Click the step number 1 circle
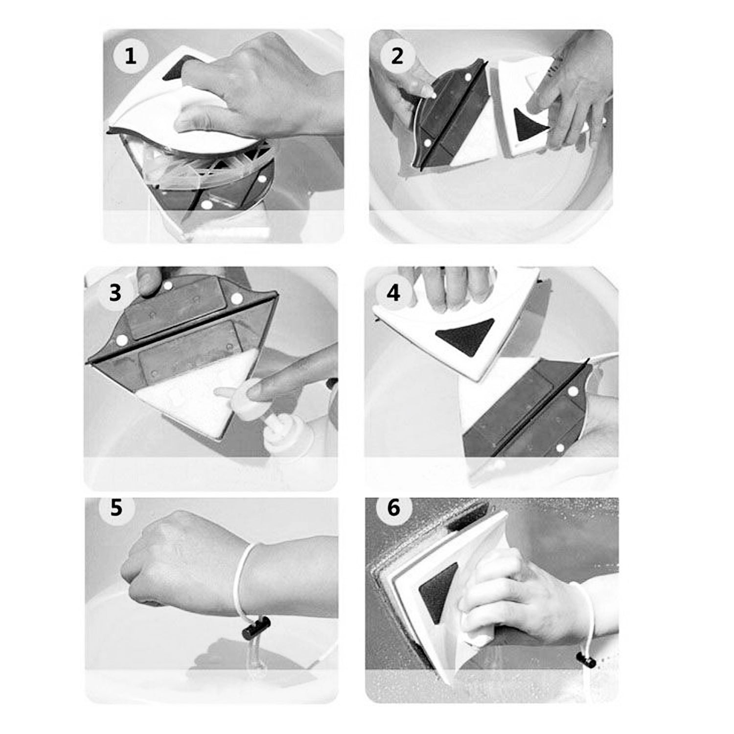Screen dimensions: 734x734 coord(130,56)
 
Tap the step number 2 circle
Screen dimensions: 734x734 coord(397,56)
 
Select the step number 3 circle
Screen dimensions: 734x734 coord(115,293)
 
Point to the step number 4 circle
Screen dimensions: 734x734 coord(393,293)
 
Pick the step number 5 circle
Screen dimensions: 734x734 coord(116,507)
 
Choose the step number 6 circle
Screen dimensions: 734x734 coord(393,507)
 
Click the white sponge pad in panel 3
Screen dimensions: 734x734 coord(196,391)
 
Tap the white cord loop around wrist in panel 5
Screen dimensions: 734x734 coord(243,577)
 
